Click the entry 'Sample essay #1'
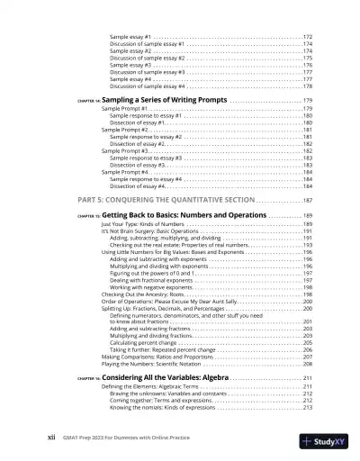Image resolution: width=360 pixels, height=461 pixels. pyautogui.click(x=130, y=36)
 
